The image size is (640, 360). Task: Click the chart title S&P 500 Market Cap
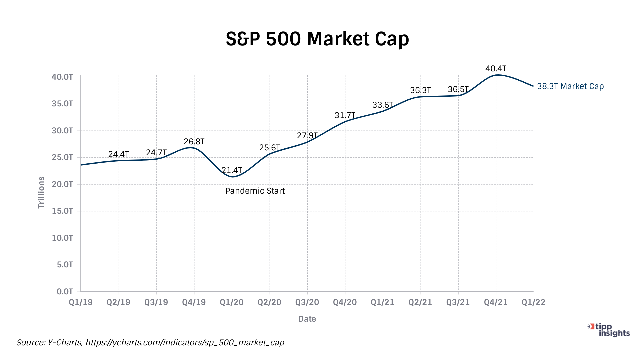pyautogui.click(x=317, y=39)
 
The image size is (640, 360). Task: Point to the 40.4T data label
pyautogui.click(x=496, y=69)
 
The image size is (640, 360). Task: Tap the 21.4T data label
pyautogui.click(x=232, y=170)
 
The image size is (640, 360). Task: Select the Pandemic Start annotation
pyautogui.click(x=255, y=191)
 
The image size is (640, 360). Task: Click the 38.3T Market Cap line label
pyautogui.click(x=570, y=86)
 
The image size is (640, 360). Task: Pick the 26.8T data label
pyautogui.click(x=194, y=142)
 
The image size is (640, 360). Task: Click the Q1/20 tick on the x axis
pyautogui.click(x=232, y=302)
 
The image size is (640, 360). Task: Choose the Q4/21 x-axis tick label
pyautogui.click(x=496, y=302)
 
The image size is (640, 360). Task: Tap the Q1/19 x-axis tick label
pyautogui.click(x=81, y=302)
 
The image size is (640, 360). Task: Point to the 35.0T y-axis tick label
pyautogui.click(x=62, y=104)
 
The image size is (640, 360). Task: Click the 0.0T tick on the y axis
pyautogui.click(x=65, y=292)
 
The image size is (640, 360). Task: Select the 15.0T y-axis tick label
pyautogui.click(x=62, y=211)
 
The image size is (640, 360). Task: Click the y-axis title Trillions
pyautogui.click(x=41, y=192)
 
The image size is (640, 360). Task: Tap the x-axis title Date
pyautogui.click(x=307, y=319)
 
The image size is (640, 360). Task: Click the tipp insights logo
pyautogui.click(x=609, y=330)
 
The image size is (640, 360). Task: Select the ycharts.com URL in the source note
pyautogui.click(x=185, y=343)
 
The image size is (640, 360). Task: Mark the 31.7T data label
pyautogui.click(x=345, y=115)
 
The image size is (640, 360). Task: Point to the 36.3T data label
pyautogui.click(x=420, y=90)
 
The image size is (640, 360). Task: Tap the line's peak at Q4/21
pyautogui.click(x=497, y=75)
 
